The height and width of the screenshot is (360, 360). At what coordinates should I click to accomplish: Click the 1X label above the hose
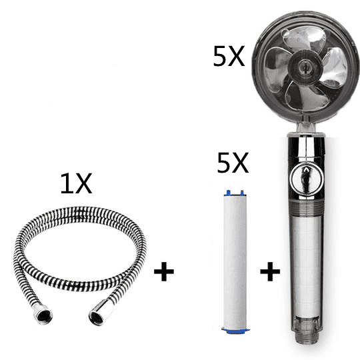pos(76,183)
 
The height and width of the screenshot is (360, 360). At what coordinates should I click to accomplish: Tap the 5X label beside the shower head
pos(229,56)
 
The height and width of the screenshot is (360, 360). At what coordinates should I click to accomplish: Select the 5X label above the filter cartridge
pos(233,163)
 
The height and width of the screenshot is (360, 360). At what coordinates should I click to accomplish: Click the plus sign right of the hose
pos(164,271)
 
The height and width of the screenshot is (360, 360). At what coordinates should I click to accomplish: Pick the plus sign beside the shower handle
pos(270,271)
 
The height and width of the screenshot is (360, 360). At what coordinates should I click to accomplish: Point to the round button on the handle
pos(306,179)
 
